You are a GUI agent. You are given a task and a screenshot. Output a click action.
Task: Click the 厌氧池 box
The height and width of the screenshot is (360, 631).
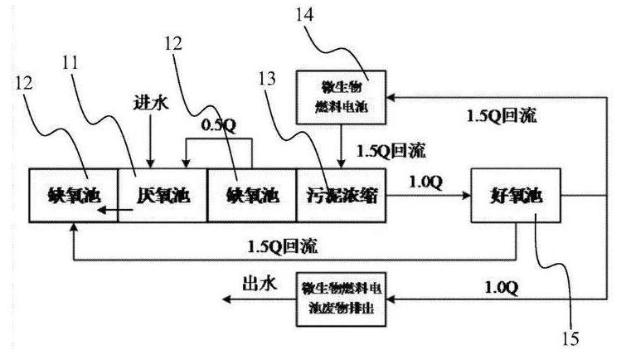click(x=163, y=196)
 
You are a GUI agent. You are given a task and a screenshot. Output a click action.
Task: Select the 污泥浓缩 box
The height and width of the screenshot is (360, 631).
click(x=341, y=196)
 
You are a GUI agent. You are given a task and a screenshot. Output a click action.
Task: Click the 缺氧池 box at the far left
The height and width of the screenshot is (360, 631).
click(x=73, y=196)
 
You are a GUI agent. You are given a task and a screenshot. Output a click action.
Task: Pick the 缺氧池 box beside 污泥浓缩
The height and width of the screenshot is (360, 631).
click(x=251, y=196)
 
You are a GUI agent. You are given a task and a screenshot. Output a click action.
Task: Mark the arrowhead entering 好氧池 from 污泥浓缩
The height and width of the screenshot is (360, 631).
click(x=464, y=196)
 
